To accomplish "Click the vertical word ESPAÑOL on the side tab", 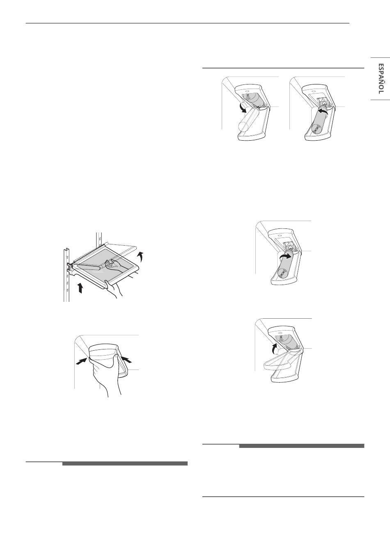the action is [381, 79].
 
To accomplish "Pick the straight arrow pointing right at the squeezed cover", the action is [81, 361].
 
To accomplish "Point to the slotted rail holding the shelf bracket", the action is [67, 275].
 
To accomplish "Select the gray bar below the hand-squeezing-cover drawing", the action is [125, 463].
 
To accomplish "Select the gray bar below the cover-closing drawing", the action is [301, 446].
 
